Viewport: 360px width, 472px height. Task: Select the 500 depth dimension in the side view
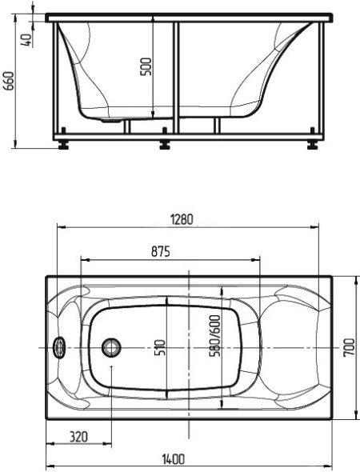click(x=145, y=66)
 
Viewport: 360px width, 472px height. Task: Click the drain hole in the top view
click(x=110, y=347)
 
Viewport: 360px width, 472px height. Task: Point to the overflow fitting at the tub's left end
click(x=58, y=347)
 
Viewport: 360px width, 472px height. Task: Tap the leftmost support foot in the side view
click(x=62, y=145)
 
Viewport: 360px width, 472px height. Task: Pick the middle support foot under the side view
click(x=166, y=145)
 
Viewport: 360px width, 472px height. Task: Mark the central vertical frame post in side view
click(x=174, y=76)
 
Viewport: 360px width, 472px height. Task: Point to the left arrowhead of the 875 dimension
click(x=85, y=260)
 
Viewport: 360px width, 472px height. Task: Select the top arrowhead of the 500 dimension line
click(x=154, y=23)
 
